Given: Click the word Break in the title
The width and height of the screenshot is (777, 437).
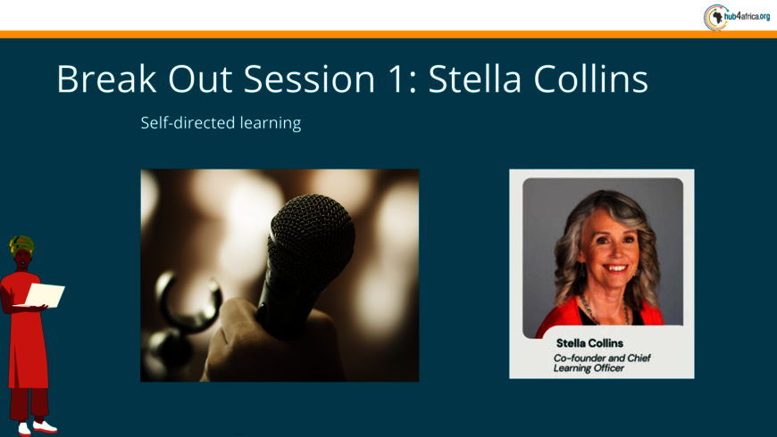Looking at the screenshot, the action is (x=106, y=78).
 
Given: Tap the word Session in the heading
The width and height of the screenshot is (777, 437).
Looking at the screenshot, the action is (x=309, y=78).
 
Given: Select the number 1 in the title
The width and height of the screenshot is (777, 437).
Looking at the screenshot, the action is (x=397, y=78).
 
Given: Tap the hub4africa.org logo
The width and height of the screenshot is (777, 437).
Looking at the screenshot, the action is (x=737, y=17).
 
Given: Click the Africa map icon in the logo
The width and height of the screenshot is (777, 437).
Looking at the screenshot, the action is (x=716, y=18).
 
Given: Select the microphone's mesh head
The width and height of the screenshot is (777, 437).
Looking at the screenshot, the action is (x=313, y=231).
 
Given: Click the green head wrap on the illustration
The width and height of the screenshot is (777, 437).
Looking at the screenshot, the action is (x=21, y=244).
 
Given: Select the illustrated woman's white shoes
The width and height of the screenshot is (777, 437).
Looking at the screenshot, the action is (x=38, y=427).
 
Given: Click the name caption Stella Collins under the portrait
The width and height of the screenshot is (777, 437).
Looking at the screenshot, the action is (x=589, y=343).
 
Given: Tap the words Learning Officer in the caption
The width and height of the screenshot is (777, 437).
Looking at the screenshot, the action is (x=589, y=368).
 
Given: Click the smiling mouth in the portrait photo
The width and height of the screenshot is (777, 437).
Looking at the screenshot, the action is (x=616, y=268).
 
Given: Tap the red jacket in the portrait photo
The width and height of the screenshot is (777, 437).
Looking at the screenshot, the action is (x=561, y=317).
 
